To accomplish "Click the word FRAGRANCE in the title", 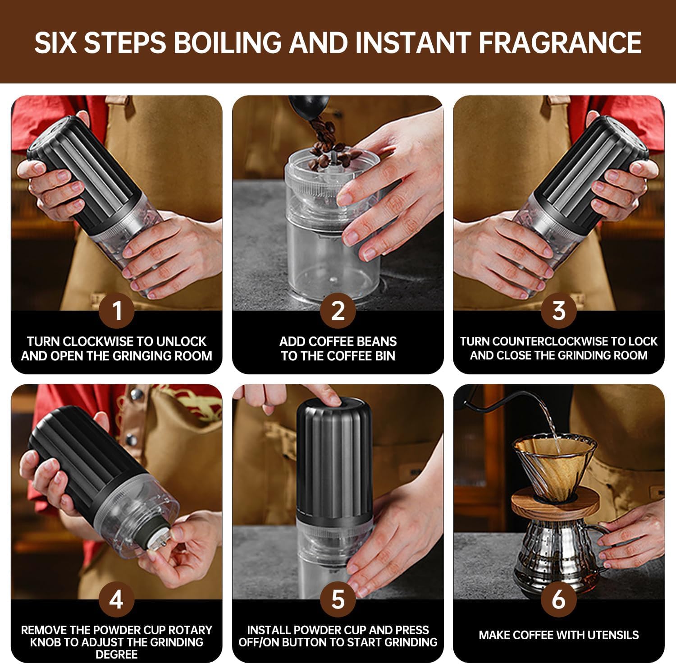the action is [x=560, y=42].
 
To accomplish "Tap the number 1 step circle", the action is [x=117, y=310].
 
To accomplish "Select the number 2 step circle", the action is [x=338, y=310].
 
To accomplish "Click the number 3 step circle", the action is [x=559, y=310].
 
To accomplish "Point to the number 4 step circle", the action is [x=117, y=599].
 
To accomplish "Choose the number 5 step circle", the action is [x=338, y=599].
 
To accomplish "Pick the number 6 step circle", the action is [x=559, y=599].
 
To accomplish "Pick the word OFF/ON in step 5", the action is [x=259, y=642].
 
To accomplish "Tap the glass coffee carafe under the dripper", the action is [x=555, y=550].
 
